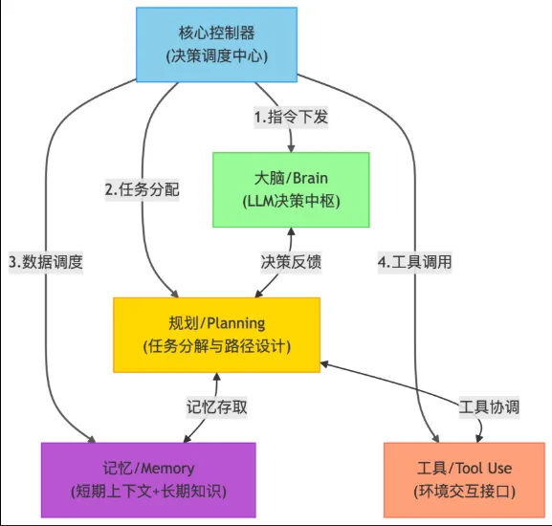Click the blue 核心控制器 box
[216, 45]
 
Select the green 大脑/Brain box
[291, 189]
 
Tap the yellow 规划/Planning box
[216, 334]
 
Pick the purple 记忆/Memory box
[148, 479]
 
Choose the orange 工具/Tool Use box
[464, 479]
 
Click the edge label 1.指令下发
[291, 118]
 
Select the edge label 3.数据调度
[46, 262]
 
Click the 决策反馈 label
[291, 262]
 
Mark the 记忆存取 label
[217, 406]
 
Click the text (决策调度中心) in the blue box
[216, 55]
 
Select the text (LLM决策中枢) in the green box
[291, 201]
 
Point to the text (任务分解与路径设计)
[216, 345]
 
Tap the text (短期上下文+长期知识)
[148, 491]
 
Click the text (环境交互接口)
[464, 491]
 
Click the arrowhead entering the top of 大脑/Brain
[291, 147]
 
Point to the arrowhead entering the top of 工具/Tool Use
[423, 437]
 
